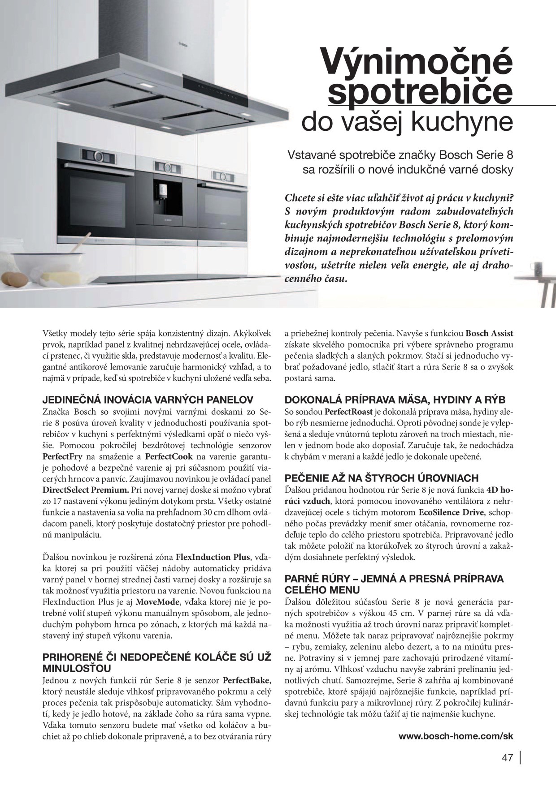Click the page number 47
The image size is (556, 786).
coord(507,758)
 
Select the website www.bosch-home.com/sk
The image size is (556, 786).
coord(456,736)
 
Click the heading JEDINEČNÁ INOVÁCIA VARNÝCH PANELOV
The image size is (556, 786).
coord(148,399)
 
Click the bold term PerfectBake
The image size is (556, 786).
coord(246,681)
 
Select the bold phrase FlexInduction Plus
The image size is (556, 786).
coord(213,557)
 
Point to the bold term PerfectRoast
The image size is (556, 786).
coord(348,411)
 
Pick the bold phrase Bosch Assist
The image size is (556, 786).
coord(490,333)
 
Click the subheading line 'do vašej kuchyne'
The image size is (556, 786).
coord(407,122)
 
